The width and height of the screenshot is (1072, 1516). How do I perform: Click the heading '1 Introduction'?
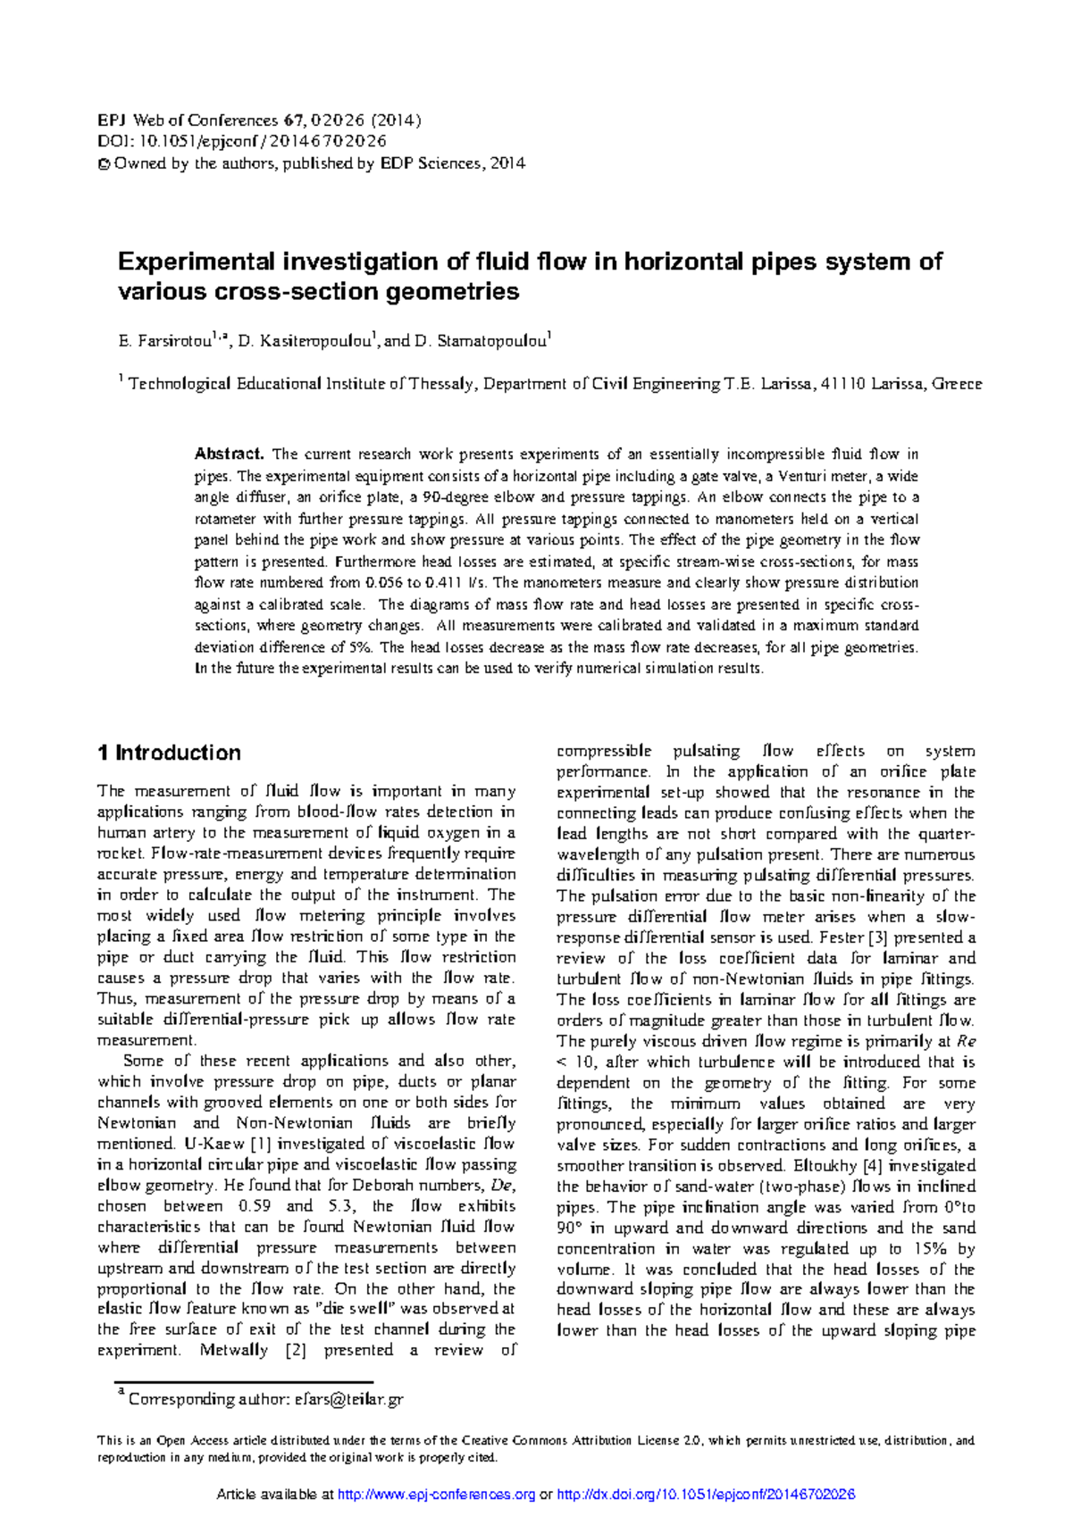click(x=169, y=753)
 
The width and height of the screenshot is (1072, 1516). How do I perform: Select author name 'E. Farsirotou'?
click(x=166, y=341)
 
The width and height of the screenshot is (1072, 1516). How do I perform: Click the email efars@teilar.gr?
click(x=349, y=1399)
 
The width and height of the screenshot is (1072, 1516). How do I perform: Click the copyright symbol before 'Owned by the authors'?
click(x=103, y=163)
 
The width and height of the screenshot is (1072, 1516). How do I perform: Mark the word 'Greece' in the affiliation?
click(x=957, y=384)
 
